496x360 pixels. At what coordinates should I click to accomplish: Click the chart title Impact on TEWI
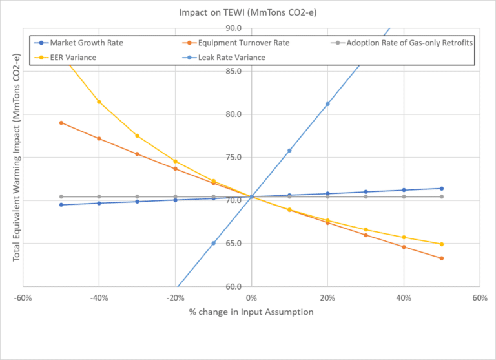247,12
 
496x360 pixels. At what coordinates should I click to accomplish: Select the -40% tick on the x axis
98,299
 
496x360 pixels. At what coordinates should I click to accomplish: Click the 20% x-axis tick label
327,299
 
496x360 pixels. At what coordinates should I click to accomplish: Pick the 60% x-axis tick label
479,299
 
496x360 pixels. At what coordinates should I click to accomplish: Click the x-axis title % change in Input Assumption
251,312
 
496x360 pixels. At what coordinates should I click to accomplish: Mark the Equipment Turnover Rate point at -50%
61,123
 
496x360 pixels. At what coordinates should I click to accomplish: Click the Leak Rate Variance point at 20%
327,104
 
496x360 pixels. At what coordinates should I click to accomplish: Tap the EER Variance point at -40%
99,101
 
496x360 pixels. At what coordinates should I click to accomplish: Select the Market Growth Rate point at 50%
442,189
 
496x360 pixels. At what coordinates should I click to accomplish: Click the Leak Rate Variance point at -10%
213,243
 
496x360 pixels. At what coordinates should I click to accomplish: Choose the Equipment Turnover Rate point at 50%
442,259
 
